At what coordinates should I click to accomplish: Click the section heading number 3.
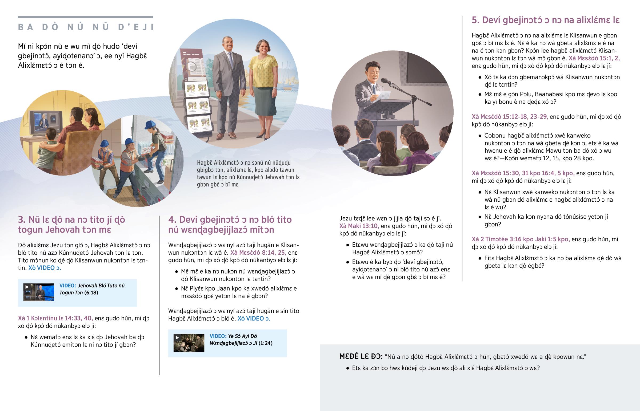[x=22, y=220]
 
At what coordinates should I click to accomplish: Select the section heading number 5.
[x=475, y=20]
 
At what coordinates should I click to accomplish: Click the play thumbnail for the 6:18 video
[x=39, y=292]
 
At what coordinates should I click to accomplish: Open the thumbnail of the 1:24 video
[x=189, y=343]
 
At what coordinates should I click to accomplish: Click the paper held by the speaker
[x=383, y=96]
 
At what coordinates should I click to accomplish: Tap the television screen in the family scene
[x=45, y=123]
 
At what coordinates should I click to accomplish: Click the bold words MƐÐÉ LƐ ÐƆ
[x=361, y=357]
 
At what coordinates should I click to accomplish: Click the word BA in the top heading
[x=26, y=27]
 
